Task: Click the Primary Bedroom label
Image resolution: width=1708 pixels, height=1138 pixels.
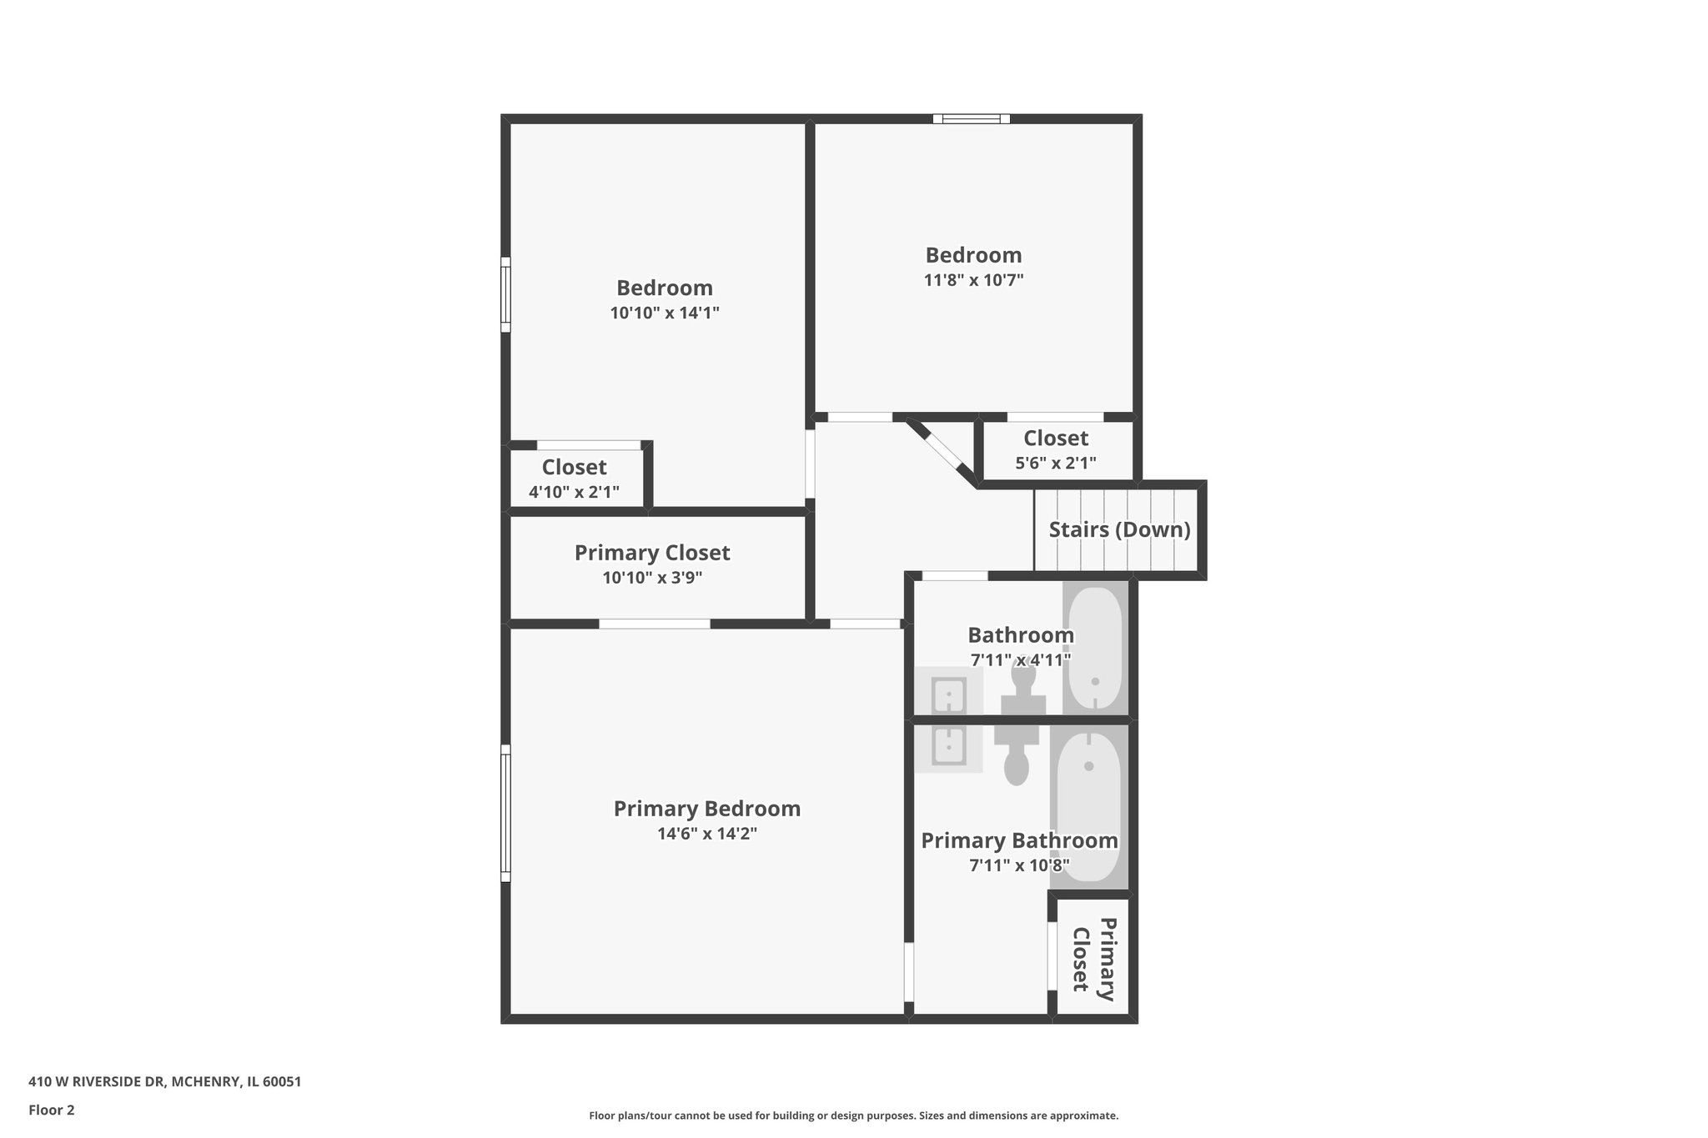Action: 706,809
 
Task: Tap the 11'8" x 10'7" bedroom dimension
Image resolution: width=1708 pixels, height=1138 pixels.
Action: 973,280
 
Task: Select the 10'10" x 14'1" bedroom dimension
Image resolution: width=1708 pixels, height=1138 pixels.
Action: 664,313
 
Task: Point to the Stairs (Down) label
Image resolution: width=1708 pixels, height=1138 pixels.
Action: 1119,529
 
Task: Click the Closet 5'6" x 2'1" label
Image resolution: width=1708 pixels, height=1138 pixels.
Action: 1055,439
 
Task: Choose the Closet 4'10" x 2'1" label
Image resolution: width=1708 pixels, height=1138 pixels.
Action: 574,467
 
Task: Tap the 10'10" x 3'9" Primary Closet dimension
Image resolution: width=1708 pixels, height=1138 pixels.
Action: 652,578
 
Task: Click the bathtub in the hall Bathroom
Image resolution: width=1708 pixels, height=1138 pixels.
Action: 1095,649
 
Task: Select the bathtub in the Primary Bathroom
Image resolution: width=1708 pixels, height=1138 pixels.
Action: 1088,805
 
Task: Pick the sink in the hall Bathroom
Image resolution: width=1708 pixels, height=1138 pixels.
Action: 948,694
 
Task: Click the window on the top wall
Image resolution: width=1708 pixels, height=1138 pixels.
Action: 971,119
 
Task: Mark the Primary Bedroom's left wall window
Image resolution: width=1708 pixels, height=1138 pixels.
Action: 505,812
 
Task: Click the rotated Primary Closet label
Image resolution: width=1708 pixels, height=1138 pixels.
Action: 1093,959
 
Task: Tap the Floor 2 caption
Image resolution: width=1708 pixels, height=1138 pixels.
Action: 52,1110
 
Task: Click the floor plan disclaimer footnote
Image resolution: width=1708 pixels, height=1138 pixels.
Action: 853,1115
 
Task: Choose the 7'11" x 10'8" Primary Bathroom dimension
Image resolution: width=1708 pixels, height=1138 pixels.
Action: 1019,865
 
